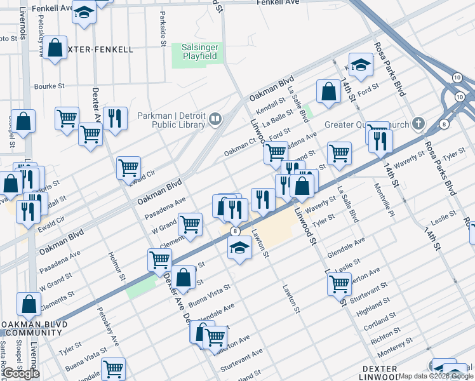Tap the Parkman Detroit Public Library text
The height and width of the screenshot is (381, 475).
(x=172, y=121)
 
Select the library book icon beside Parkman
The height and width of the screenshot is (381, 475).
(x=216, y=119)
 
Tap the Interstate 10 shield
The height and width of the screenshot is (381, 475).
(x=458, y=77)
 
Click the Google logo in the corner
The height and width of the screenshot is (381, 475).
(x=21, y=373)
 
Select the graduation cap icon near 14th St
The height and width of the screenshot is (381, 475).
(x=361, y=65)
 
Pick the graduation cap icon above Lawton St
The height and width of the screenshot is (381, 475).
(x=239, y=247)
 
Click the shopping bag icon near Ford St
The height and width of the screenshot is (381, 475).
(x=329, y=91)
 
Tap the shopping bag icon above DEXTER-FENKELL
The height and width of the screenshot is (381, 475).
(x=55, y=47)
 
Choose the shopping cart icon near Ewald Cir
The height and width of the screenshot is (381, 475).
(x=128, y=168)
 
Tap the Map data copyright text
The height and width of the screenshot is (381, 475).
(x=436, y=376)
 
